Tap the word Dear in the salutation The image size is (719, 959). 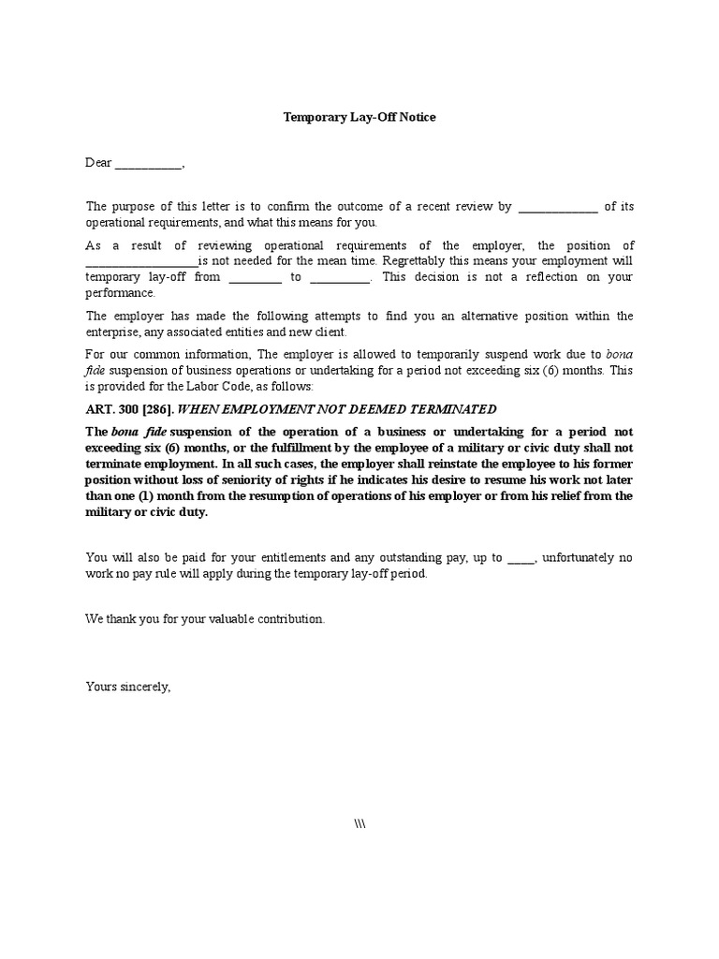[98, 163]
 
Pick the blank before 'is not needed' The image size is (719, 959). [141, 261]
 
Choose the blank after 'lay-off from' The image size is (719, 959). [255, 278]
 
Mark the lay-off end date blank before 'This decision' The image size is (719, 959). [340, 278]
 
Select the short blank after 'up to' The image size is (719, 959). [520, 558]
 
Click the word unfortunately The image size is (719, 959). [580, 557]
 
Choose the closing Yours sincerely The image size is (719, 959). [128, 686]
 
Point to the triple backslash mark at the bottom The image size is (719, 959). [359, 822]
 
